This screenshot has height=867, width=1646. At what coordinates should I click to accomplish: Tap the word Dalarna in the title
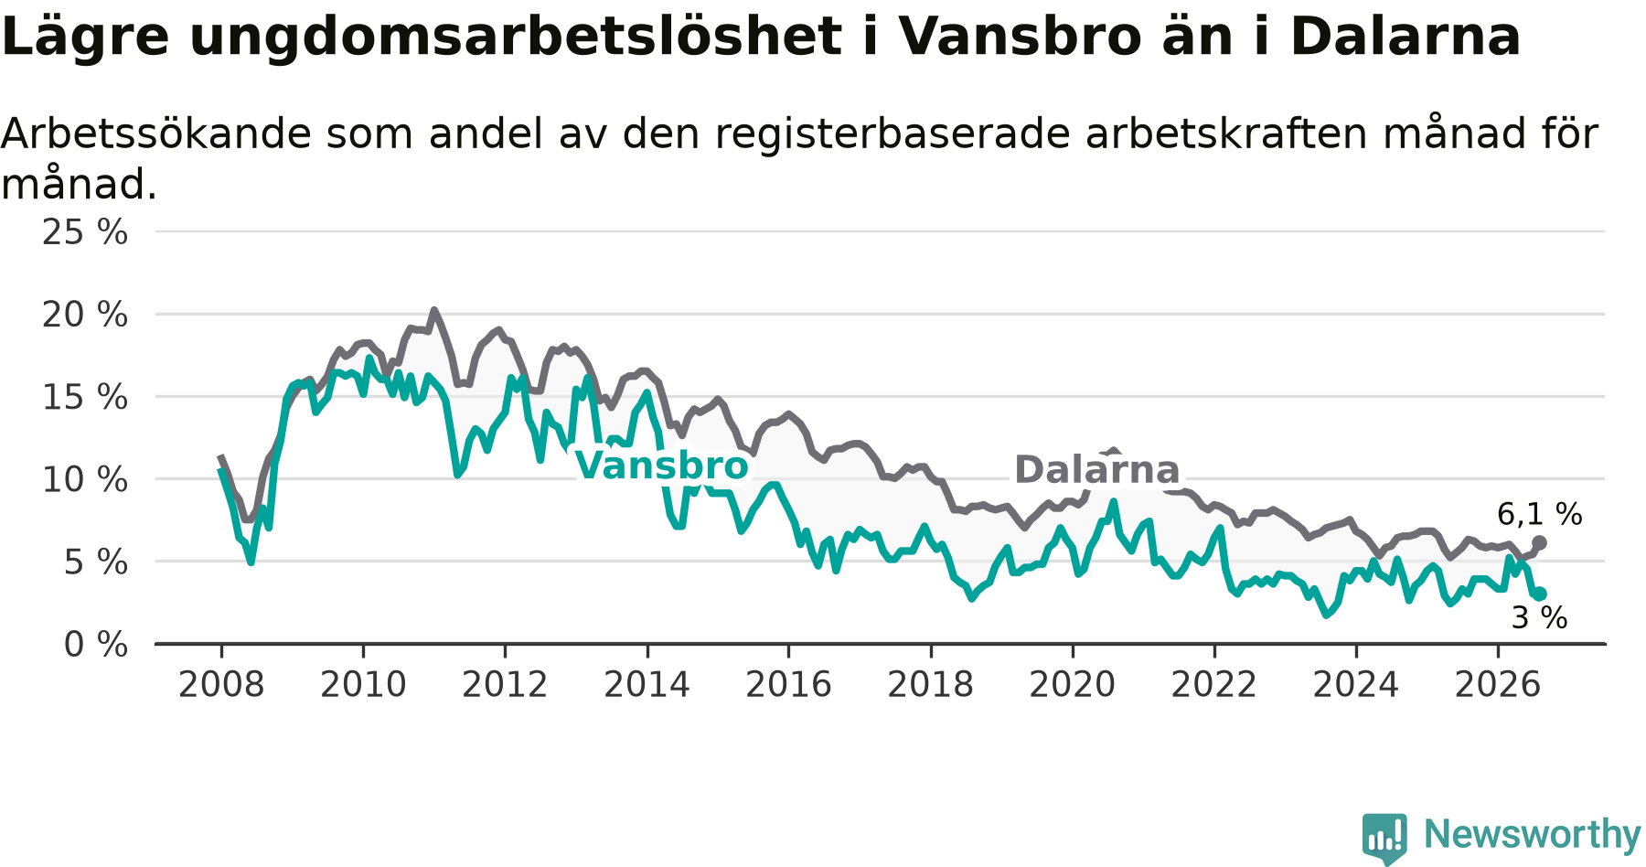[x=1406, y=37]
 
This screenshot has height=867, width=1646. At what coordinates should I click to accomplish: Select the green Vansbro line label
[x=662, y=466]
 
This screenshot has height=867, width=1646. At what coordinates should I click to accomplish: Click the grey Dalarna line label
[x=1096, y=470]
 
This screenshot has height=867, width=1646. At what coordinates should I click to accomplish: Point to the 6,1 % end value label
[x=1540, y=514]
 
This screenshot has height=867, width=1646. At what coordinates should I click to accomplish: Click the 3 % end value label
[x=1540, y=618]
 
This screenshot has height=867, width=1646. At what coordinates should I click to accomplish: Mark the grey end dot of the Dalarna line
[x=1539, y=543]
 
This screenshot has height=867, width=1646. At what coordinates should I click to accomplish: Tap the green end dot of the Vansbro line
[x=1540, y=594]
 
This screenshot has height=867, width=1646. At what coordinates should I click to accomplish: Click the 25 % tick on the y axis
[x=85, y=232]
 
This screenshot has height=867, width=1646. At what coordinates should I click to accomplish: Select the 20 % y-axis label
[x=85, y=315]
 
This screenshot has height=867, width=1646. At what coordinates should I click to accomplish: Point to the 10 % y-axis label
[x=85, y=479]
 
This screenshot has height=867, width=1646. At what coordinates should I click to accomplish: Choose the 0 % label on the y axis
[x=96, y=645]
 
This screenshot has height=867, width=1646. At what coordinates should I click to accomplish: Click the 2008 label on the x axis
[x=221, y=684]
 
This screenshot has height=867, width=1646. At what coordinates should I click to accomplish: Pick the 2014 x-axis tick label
[x=647, y=684]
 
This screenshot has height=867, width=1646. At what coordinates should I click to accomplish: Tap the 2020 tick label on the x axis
[x=1073, y=684]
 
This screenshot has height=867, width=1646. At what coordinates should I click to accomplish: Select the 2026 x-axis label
[x=1498, y=684]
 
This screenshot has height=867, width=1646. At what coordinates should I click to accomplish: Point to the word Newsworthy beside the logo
[x=1533, y=834]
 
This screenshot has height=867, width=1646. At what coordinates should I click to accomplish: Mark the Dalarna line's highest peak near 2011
[x=434, y=311]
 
